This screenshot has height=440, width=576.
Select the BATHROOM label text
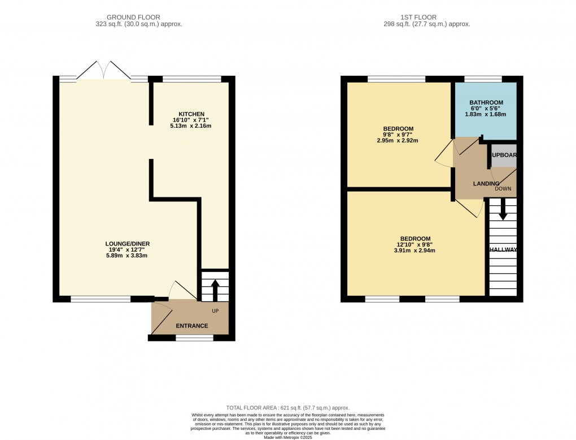tap(486, 102)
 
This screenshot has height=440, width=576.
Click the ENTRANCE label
tap(192, 326)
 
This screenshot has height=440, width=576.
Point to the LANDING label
tap(486, 183)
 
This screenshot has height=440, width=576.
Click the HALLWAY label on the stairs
tap(503, 249)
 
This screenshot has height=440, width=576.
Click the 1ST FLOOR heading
tap(426, 18)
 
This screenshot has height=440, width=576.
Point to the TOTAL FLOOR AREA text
tap(287, 408)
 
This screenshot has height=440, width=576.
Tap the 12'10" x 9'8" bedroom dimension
tap(415, 244)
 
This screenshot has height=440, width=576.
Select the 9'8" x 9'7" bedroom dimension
tap(398, 135)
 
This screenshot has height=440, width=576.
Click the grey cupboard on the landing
tap(504, 159)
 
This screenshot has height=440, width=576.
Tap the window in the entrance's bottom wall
tap(194, 338)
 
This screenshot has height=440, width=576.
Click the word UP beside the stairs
tap(215, 311)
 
